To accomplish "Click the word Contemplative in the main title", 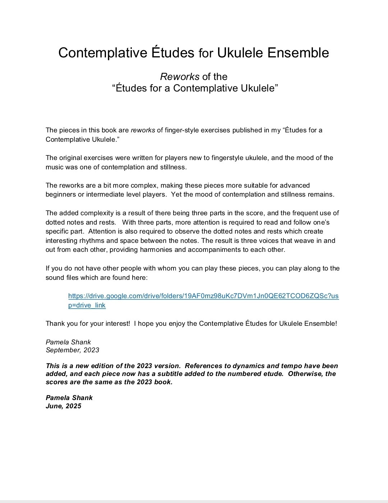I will (x=102, y=53).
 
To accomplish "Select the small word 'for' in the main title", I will (x=206, y=53).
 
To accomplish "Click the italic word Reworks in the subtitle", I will (x=179, y=77).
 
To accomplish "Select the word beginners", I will (x=61, y=194).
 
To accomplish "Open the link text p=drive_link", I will (x=87, y=305).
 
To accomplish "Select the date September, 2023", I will (x=72, y=350).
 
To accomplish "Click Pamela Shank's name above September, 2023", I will (x=68, y=342).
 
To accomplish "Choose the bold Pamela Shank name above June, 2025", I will (x=69, y=398).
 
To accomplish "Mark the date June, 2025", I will (x=63, y=406).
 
